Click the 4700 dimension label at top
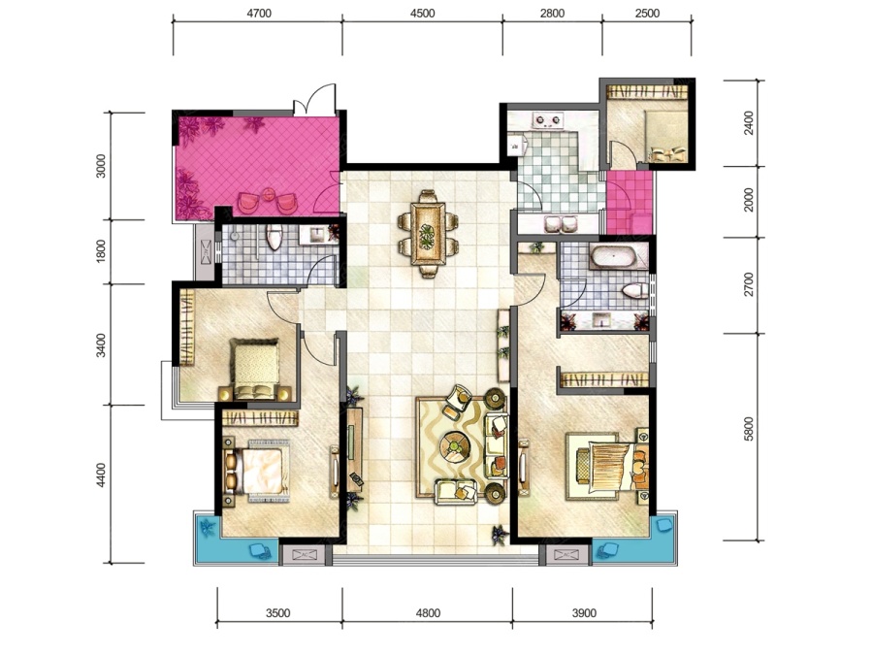point(259,13)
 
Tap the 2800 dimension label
point(552,13)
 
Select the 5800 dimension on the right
point(749,429)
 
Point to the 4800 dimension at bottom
point(428,613)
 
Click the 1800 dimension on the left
point(101,251)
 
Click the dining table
point(428,233)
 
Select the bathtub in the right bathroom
point(612,257)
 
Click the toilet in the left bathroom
point(274,237)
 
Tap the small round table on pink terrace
point(270,195)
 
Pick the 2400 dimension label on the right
point(749,122)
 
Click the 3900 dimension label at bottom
point(584,613)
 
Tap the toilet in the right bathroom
point(634,291)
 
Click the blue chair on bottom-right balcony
point(605,551)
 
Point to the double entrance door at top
point(315,100)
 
